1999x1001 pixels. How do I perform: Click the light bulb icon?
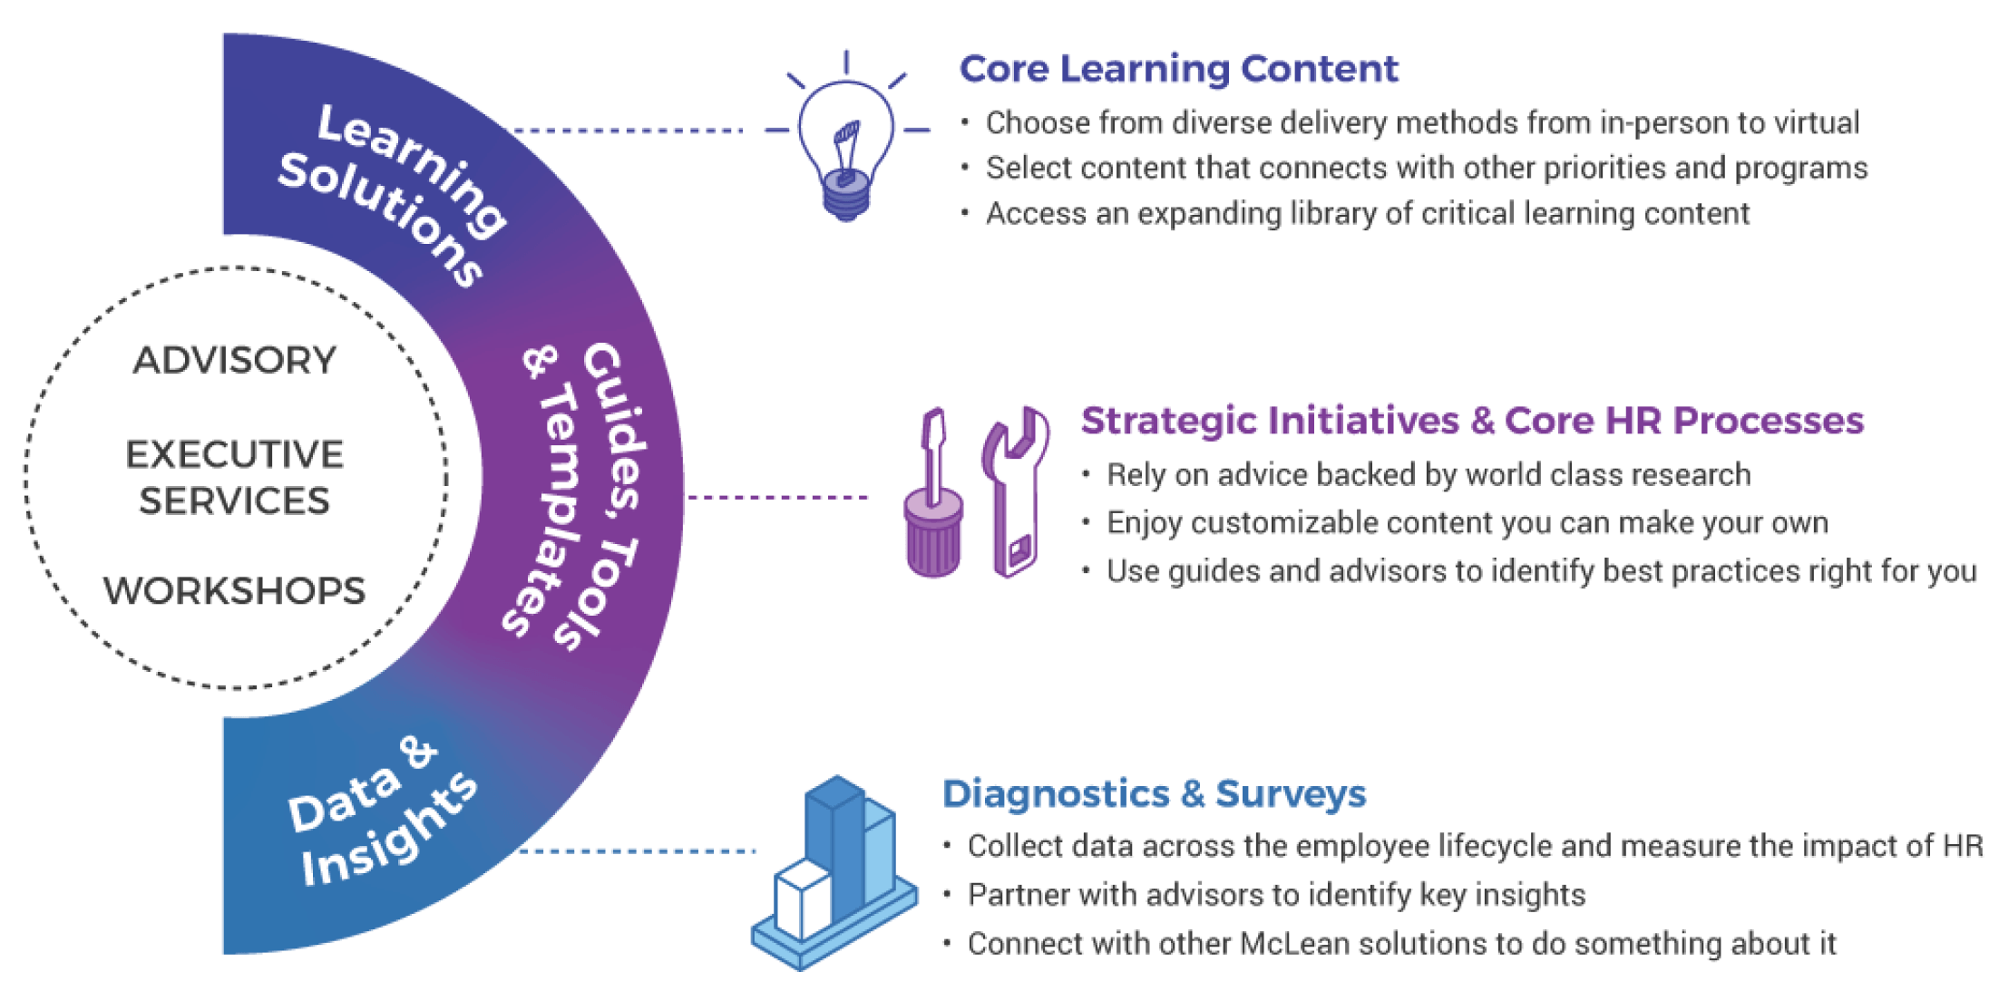coord(845,145)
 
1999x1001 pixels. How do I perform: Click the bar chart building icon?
coord(834,875)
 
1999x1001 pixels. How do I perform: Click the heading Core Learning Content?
coord(1178,69)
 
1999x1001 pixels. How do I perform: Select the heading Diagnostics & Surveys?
coord(1154,793)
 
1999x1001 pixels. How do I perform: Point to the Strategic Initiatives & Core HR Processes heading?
coord(1471,421)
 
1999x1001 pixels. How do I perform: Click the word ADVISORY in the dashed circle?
coord(235,360)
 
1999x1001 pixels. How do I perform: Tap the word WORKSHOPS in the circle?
coord(235,591)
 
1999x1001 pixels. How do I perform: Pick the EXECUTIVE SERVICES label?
coord(235,477)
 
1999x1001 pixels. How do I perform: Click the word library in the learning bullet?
coord(1321,214)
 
